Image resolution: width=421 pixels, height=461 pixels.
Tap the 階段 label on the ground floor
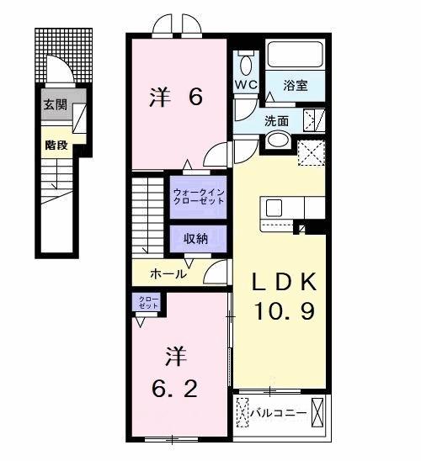click(56, 143)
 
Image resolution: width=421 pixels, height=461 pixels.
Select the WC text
click(246, 86)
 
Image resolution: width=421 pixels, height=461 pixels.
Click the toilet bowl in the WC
click(246, 63)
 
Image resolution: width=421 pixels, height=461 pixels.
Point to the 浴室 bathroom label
click(296, 85)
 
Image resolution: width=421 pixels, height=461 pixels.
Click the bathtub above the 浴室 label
click(296, 56)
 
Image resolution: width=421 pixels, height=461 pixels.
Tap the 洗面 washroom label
click(276, 119)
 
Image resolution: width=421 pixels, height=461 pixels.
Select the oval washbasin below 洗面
click(279, 140)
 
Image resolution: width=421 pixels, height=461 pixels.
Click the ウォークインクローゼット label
click(199, 198)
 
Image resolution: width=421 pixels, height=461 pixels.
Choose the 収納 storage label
click(196, 239)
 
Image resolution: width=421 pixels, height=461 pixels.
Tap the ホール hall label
click(168, 273)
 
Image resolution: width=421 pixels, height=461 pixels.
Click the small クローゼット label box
click(147, 302)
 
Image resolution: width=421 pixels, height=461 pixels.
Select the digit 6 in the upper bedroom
click(195, 98)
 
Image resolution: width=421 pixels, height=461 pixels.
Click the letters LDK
click(284, 281)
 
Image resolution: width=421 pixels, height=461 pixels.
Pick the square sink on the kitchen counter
click(274, 207)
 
